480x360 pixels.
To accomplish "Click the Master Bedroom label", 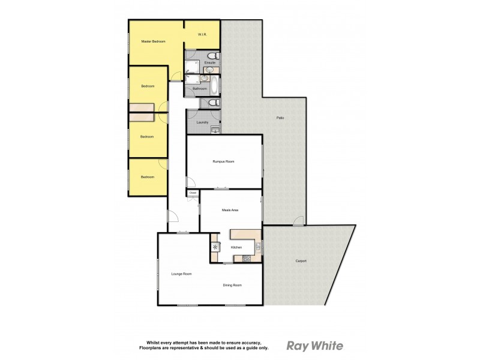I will [153, 41].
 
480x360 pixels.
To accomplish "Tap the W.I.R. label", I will [202, 35].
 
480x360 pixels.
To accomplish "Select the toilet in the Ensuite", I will [215, 56].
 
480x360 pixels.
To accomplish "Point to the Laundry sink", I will [215, 128].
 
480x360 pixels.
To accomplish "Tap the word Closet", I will [193, 193].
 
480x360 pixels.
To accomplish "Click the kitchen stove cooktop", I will [246, 259].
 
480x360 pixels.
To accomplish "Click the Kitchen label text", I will [236, 247].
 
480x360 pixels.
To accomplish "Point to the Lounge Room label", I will [181, 274].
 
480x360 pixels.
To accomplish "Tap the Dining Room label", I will [232, 285].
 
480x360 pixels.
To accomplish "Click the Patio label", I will [280, 117].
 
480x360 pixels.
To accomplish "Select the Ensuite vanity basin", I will [208, 70].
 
